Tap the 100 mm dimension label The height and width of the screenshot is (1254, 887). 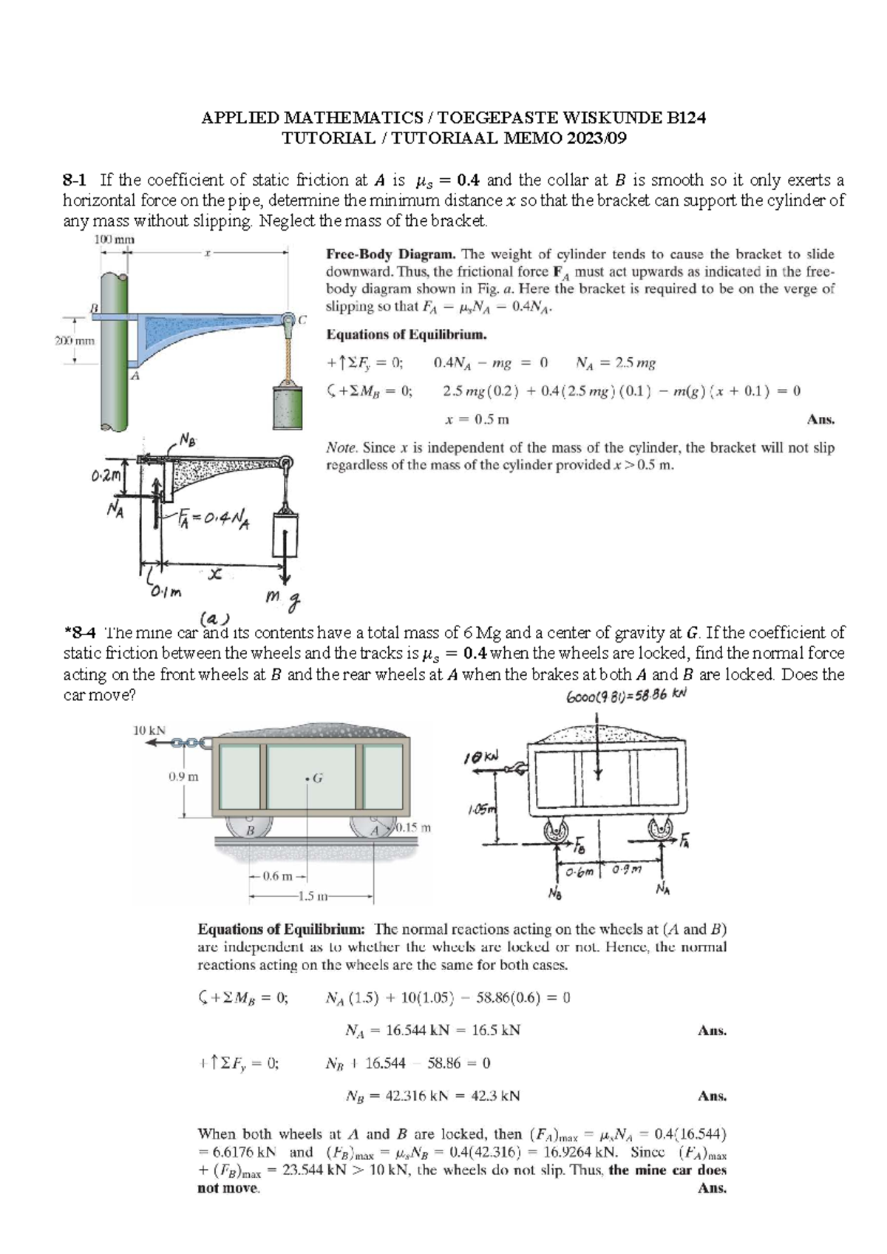[x=109, y=240]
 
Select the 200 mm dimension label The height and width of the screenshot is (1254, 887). [x=75, y=341]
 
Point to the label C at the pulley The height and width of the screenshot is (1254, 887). [x=302, y=319]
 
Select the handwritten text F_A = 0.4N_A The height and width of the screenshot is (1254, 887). [x=214, y=521]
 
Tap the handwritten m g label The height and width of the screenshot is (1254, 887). [x=284, y=600]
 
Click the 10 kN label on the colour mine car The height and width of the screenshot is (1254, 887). [x=149, y=731]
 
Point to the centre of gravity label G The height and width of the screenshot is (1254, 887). [x=315, y=778]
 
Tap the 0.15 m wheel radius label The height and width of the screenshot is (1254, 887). [x=413, y=827]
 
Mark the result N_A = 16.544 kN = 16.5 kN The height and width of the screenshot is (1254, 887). [x=432, y=1030]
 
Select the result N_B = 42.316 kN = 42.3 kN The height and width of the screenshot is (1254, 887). [x=432, y=1096]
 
